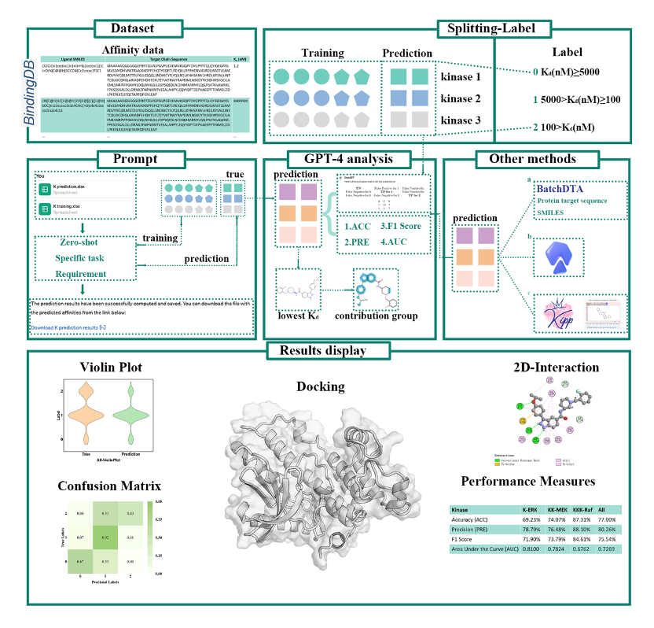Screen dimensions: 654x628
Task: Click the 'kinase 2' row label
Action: pyautogui.click(x=461, y=100)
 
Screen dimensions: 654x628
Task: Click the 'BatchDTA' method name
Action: pyautogui.click(x=563, y=190)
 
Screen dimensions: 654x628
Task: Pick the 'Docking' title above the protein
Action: pyautogui.click(x=320, y=386)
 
